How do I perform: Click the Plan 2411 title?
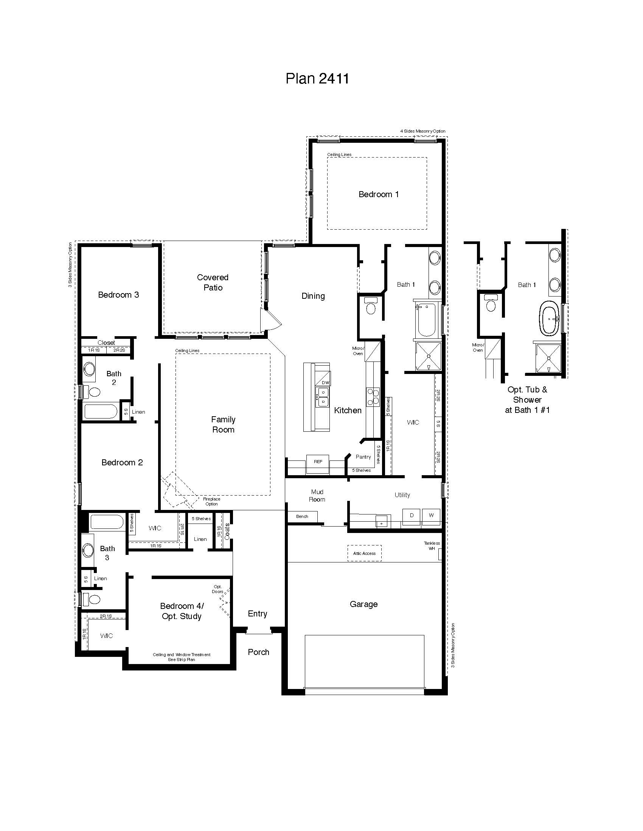(317, 79)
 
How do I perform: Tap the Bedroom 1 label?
(378, 195)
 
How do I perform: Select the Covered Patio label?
(213, 282)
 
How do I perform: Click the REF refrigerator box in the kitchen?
(318, 462)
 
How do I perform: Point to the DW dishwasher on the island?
(325, 382)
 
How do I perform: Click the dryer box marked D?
(412, 516)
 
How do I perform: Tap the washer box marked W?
(431, 516)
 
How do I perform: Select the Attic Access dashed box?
(364, 553)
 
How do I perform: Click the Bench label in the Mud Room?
(302, 516)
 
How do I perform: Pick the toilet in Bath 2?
(92, 392)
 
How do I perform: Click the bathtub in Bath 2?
(101, 411)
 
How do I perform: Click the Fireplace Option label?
(211, 501)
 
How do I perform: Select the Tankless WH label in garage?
(432, 546)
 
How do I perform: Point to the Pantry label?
(363, 457)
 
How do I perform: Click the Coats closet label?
(227, 531)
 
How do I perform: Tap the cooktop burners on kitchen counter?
(373, 397)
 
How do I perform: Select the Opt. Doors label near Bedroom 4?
(217, 589)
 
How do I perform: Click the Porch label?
(258, 652)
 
